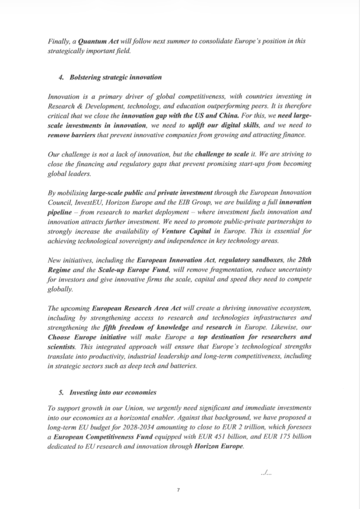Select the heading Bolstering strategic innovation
pyautogui.click(x=115, y=77)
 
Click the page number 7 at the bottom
pyautogui.click(x=179, y=490)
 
